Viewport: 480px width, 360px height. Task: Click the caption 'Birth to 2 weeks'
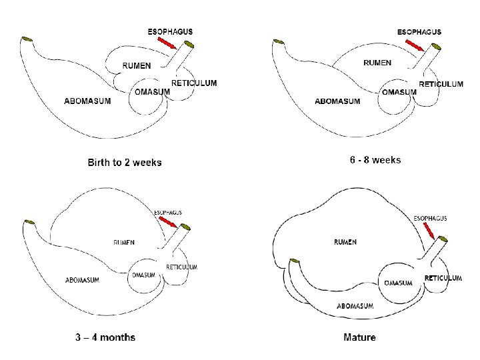click(x=124, y=162)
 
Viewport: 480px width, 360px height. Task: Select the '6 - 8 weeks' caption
click(x=375, y=160)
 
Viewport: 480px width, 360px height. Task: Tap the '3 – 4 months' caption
click(x=105, y=337)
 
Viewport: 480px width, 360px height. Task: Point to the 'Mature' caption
click(x=359, y=337)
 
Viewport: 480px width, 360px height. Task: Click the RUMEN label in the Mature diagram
click(x=345, y=241)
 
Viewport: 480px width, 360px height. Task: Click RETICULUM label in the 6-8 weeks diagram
click(x=441, y=84)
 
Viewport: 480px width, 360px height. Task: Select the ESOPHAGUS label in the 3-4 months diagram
click(x=168, y=213)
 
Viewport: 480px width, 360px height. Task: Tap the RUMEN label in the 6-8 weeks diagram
click(x=377, y=63)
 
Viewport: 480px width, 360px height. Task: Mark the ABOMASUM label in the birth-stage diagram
click(x=87, y=101)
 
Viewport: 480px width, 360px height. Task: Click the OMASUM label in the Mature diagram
click(x=398, y=283)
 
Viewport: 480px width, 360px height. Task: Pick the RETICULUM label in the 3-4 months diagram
click(x=181, y=267)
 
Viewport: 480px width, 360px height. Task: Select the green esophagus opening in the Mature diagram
click(x=442, y=239)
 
